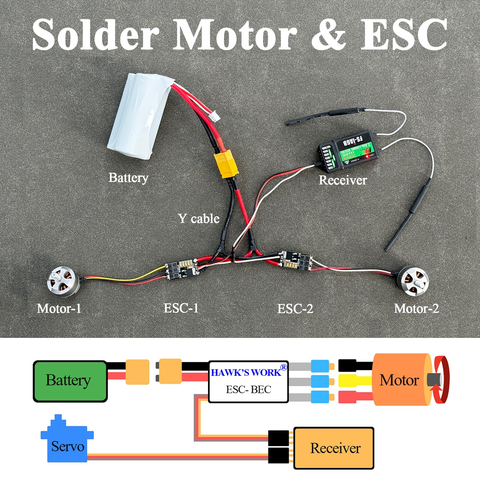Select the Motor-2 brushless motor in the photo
(414, 281)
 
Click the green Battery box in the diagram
(70, 381)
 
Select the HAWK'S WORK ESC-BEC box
(248, 381)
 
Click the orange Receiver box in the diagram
(334, 448)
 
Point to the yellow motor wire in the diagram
(355, 381)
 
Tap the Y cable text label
(199, 219)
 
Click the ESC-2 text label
(295, 309)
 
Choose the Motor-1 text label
(59, 309)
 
